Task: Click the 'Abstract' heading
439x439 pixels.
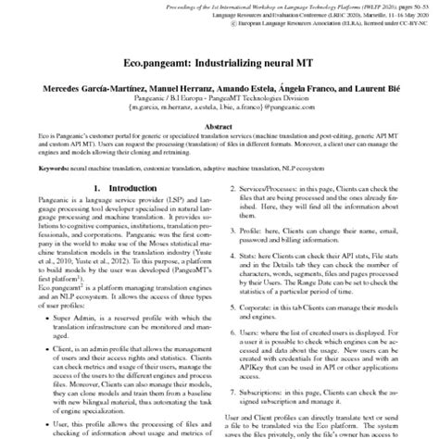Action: click(219, 126)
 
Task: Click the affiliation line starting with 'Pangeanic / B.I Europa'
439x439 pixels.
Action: click(219, 96)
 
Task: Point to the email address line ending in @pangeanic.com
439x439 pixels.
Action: click(219, 107)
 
